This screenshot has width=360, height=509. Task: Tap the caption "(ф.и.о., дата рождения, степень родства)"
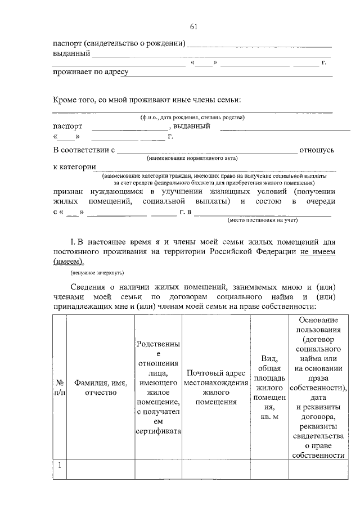pyautogui.click(x=192, y=118)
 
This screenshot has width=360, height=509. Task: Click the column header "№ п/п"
pyautogui.click(x=59, y=387)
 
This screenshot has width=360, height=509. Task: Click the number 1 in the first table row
pyautogui.click(x=59, y=466)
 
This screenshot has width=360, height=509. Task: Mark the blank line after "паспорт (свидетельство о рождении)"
pyautogui.click(x=259, y=43)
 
